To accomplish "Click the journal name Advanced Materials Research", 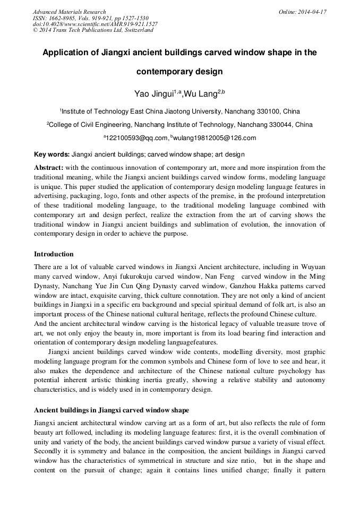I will point(69,12).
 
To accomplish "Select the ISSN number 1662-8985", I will point(63,18).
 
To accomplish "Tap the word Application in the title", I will point(68,53).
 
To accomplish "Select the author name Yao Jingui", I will point(154,94).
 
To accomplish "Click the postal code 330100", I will point(269,111).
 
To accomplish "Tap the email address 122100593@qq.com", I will point(137,138).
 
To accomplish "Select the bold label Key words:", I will point(52,154).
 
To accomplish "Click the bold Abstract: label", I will point(49,167).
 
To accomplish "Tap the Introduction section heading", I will point(54,254).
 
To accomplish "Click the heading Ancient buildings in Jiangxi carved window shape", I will point(112,410).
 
